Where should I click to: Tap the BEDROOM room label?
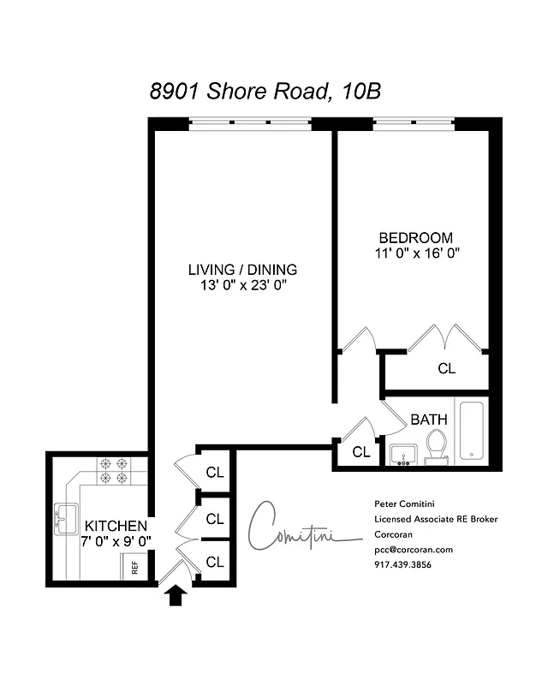(x=415, y=237)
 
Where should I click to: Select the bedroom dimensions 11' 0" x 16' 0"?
(x=417, y=253)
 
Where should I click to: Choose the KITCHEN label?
(x=116, y=525)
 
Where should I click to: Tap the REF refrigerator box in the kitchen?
(x=134, y=566)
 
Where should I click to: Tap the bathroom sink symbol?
(x=402, y=453)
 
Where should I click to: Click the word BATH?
(x=428, y=420)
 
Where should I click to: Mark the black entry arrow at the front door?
(x=176, y=595)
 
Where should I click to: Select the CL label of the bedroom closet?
(x=446, y=369)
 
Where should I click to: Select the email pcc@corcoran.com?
(x=414, y=550)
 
